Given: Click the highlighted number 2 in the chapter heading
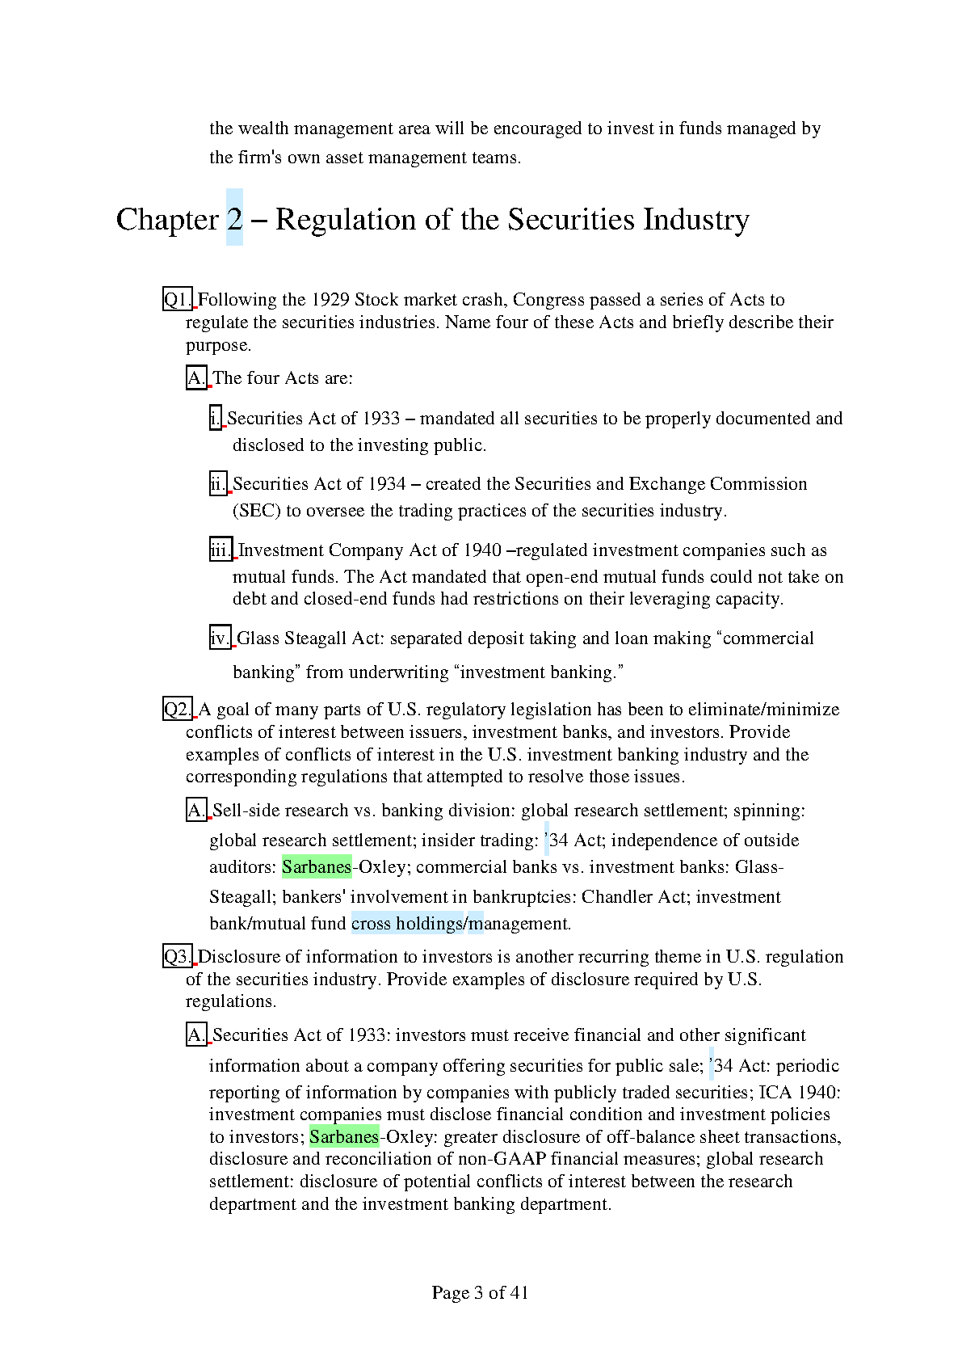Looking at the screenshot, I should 234,219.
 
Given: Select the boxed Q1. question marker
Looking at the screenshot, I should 178,300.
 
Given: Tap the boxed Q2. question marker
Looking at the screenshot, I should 178,710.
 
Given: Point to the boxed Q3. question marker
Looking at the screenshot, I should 178,957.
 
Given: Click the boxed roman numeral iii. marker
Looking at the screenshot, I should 221,550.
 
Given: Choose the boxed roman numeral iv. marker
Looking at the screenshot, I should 220,638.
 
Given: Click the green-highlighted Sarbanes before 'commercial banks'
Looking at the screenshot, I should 317,867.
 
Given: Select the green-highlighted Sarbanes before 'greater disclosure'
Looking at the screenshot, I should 344,1137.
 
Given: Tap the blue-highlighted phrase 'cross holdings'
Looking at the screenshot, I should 407,924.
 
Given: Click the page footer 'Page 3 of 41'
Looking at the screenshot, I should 480,1292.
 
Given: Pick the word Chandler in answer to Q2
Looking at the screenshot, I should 613,897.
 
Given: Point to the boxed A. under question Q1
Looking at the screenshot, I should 196,378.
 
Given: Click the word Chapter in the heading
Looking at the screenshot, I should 167,220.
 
